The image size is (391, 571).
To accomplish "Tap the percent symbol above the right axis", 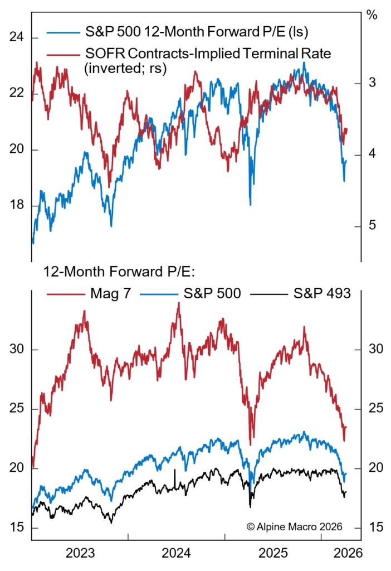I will point(372,15).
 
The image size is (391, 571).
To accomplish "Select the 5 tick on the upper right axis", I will point(372,225).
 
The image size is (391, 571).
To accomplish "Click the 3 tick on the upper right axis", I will point(372,83).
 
